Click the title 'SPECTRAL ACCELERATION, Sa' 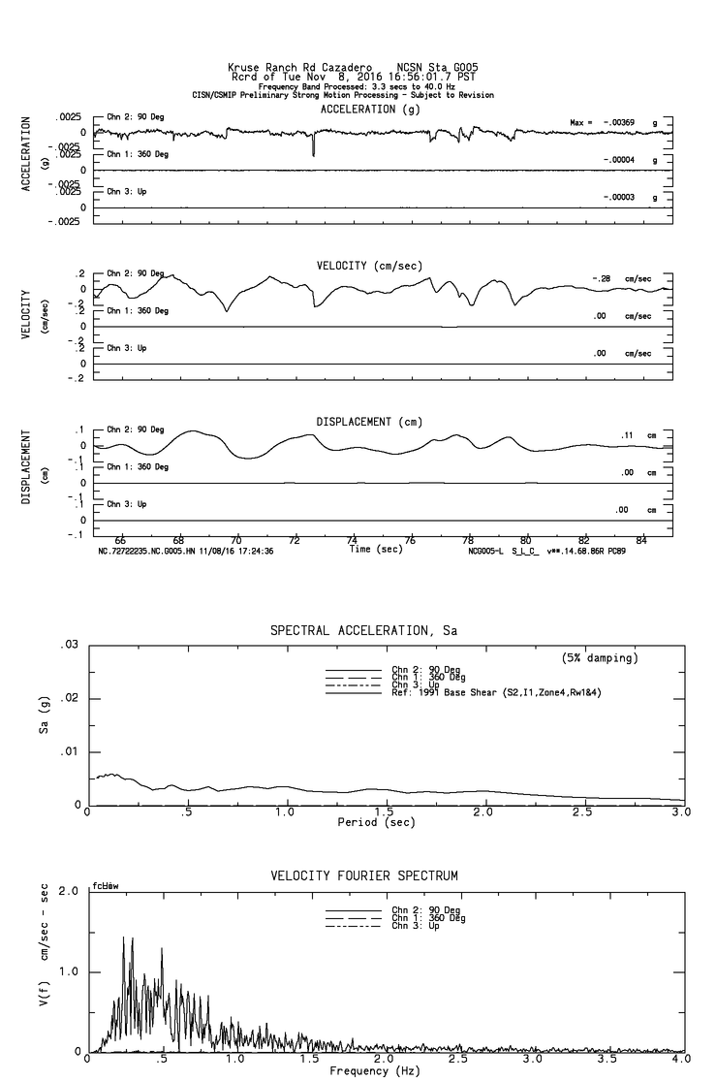click(363, 631)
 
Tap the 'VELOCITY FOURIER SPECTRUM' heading click(363, 875)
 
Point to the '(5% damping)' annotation click(600, 658)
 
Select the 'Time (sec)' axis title click(377, 550)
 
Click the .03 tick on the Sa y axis click(69, 645)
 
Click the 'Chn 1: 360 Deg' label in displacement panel click(137, 467)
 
